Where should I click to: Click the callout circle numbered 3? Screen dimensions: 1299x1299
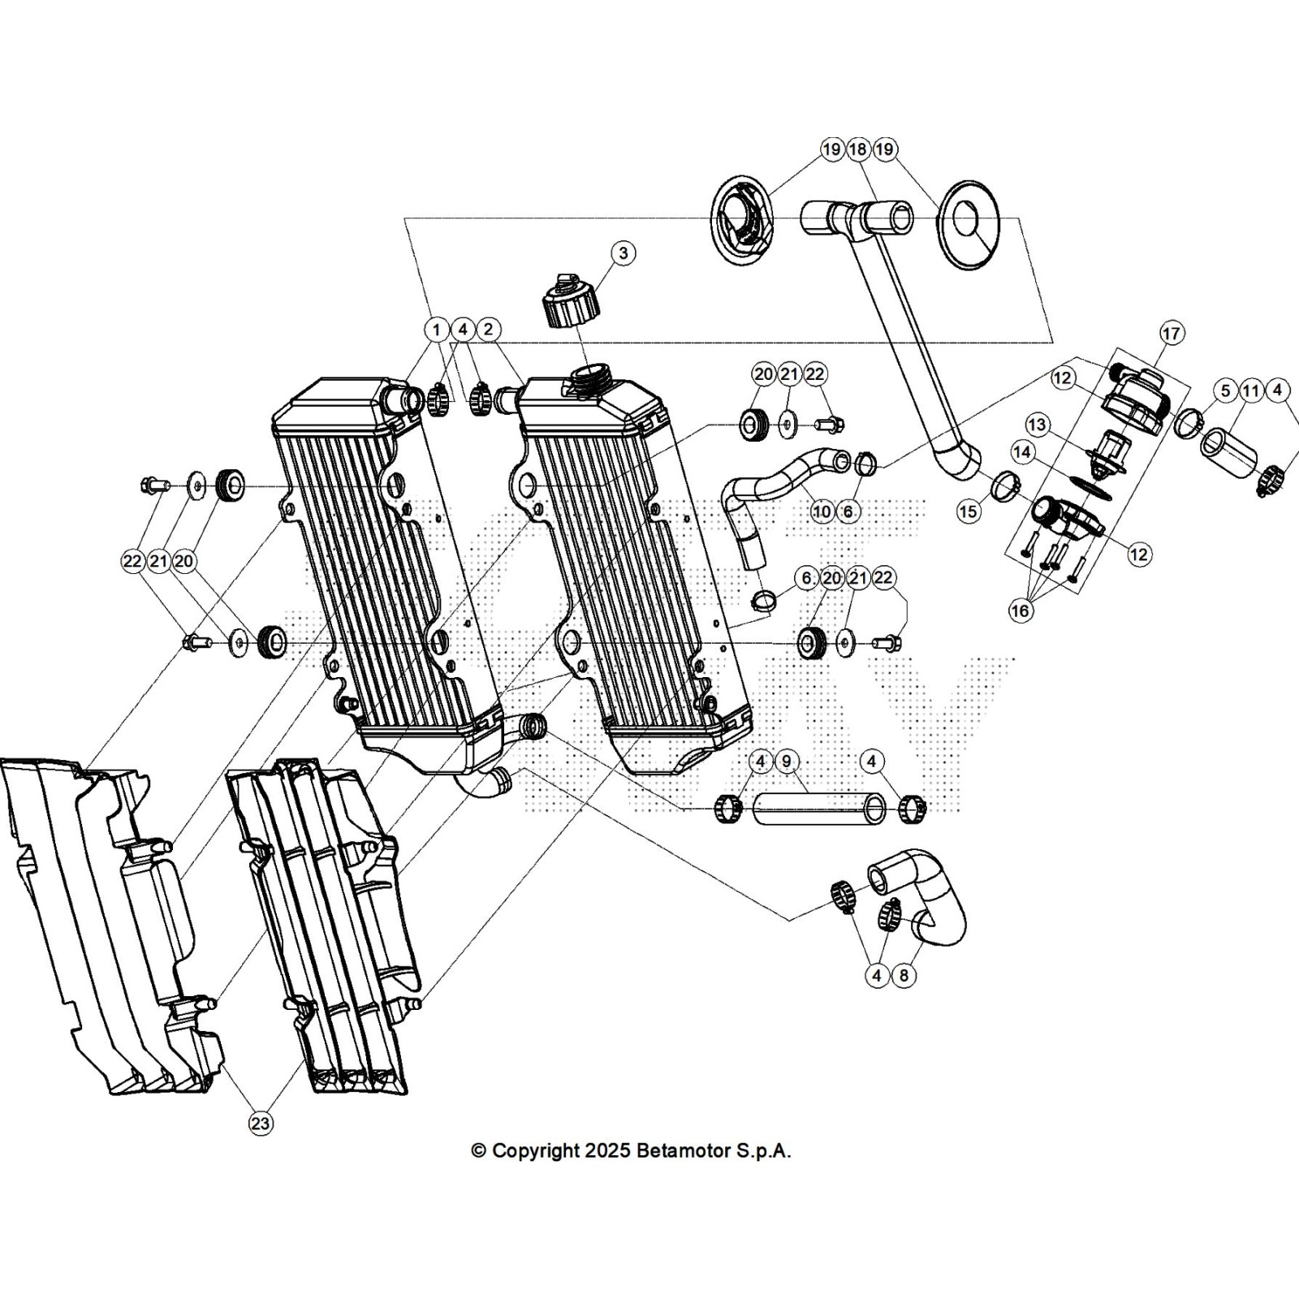click(624, 253)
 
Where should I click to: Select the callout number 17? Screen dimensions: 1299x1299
click(1171, 333)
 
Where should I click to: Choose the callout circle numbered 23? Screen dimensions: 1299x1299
click(261, 1124)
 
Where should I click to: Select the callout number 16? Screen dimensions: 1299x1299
click(1021, 610)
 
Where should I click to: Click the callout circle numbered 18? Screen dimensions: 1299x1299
click(858, 149)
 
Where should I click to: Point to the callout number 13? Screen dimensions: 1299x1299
click(1037, 425)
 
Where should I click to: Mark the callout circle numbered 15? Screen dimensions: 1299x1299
click(969, 511)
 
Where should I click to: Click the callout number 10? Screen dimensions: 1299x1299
click(822, 511)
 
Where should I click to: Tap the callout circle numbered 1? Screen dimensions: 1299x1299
click(437, 330)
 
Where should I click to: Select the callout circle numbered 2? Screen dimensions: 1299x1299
click(488, 330)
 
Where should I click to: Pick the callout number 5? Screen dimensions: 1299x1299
click(1225, 391)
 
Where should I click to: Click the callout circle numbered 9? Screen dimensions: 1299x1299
click(787, 762)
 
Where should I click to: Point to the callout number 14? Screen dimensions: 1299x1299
click(1022, 451)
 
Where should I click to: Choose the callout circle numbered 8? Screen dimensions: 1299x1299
click(904, 975)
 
